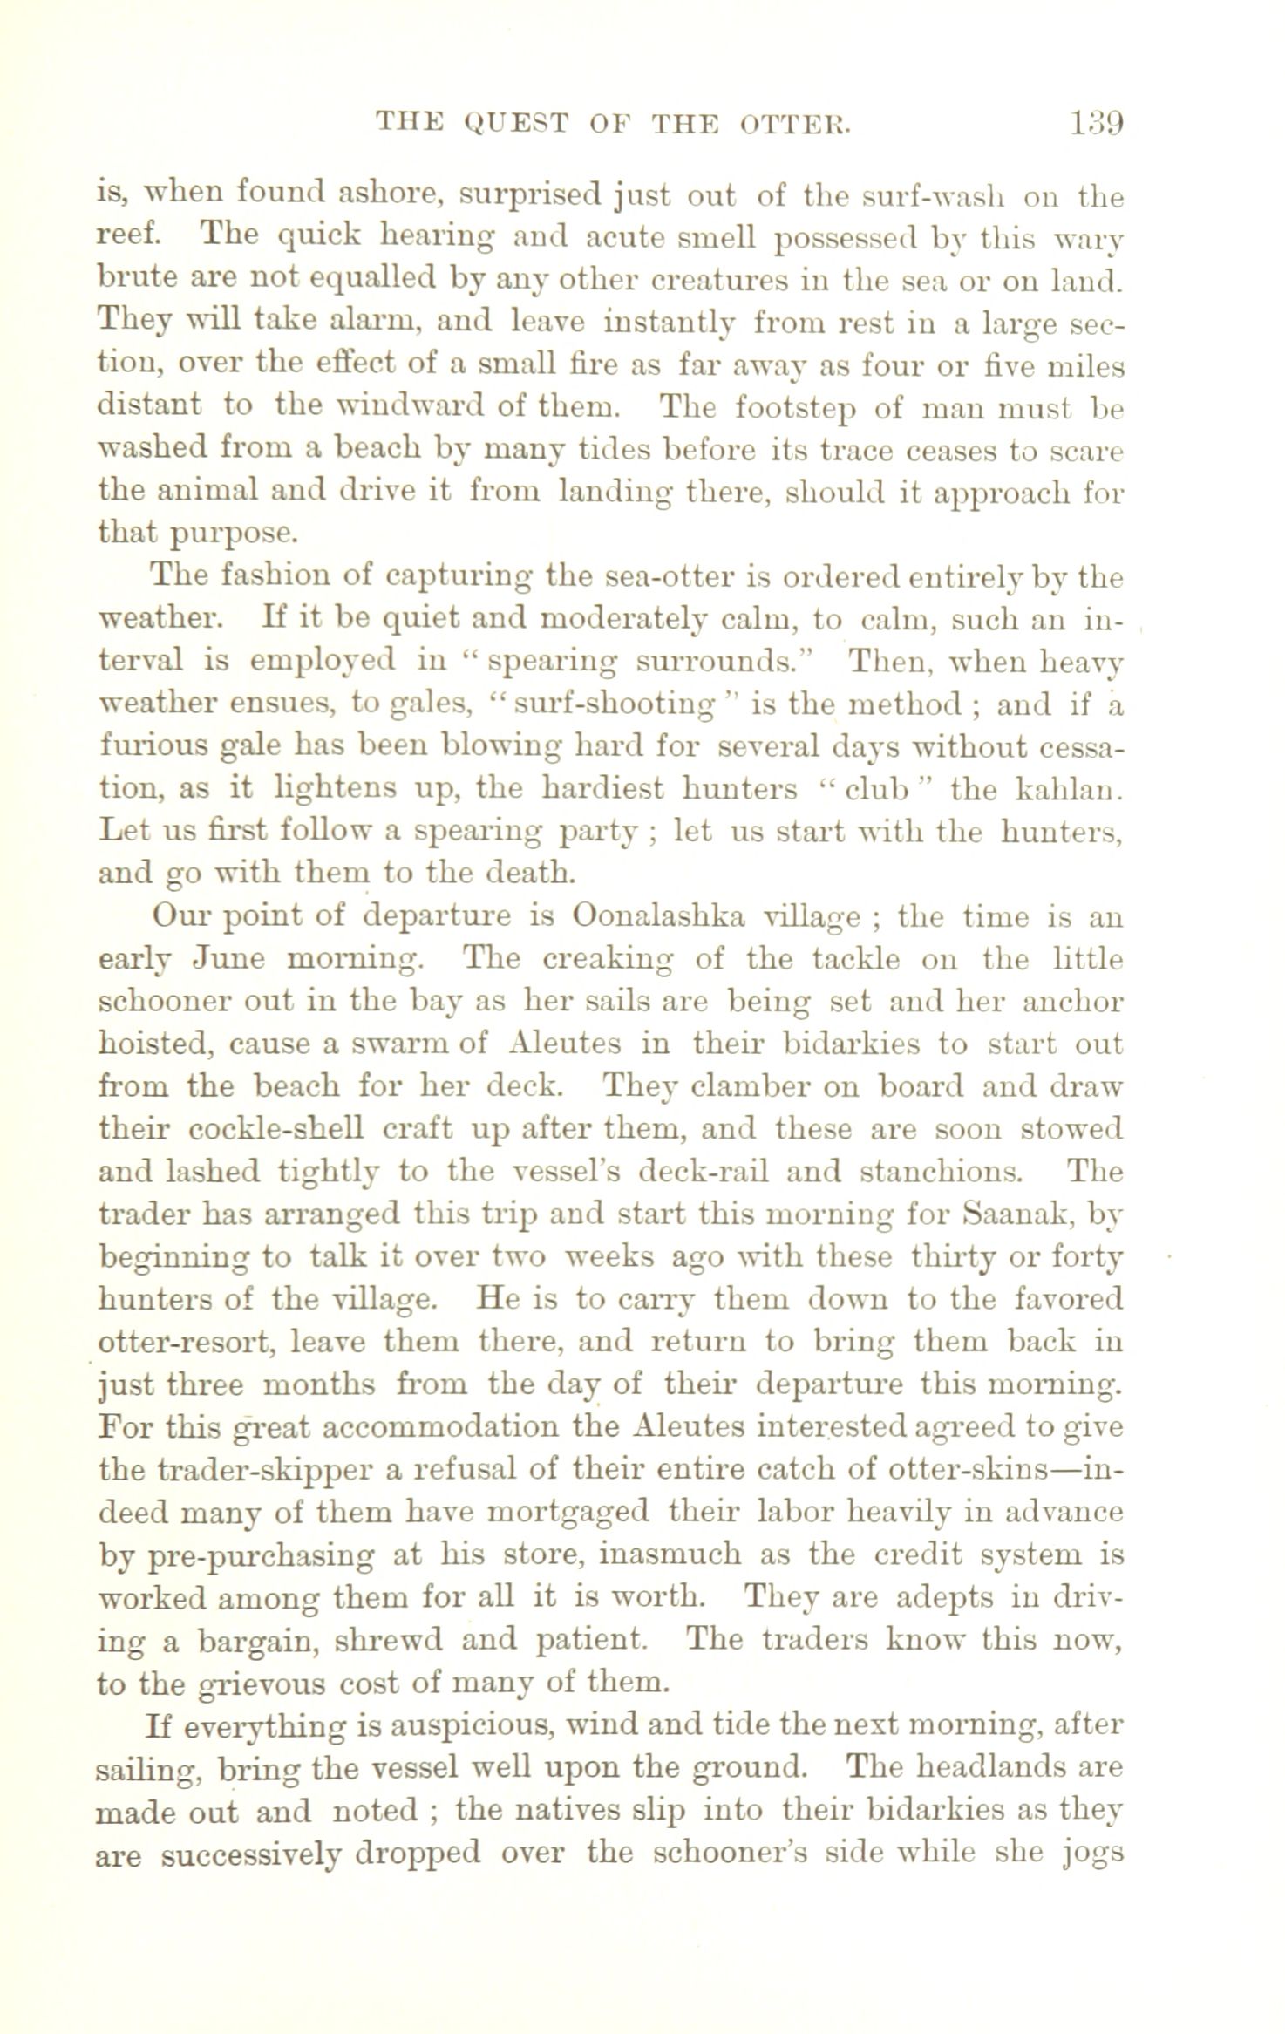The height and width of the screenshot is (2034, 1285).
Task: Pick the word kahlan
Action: click(x=1069, y=789)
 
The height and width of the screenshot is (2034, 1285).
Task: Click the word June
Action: click(x=228, y=959)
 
